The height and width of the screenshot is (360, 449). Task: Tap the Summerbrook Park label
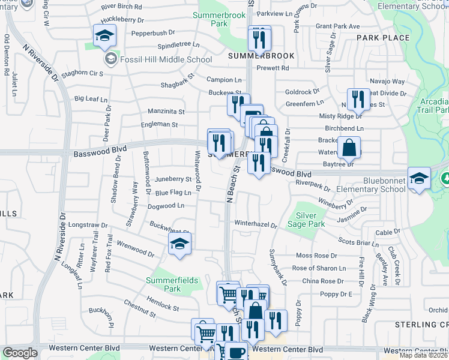[211, 19]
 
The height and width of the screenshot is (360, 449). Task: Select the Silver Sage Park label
[310, 219]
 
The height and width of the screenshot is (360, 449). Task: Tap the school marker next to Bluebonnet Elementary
[419, 178]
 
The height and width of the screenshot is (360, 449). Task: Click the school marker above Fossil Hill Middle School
[104, 37]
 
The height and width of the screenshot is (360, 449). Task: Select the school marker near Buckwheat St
[179, 244]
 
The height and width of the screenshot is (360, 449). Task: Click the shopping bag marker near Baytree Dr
[349, 148]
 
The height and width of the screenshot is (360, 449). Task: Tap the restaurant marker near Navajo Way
[358, 100]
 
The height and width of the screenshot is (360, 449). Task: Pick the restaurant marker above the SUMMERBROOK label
[260, 38]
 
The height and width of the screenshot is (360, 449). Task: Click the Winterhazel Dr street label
[256, 225]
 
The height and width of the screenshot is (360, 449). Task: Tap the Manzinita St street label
[166, 112]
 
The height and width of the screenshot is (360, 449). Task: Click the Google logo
[20, 353]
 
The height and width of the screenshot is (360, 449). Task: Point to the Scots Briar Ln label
[359, 242]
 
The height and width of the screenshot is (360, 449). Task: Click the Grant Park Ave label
[337, 26]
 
